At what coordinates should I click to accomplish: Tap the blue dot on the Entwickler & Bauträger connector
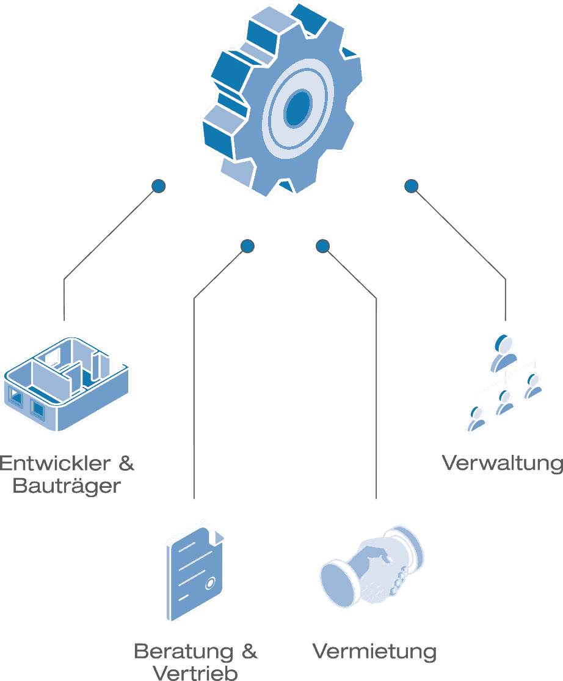[159, 185]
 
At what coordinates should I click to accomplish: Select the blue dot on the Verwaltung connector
[412, 185]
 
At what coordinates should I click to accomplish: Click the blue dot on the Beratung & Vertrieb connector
[247, 246]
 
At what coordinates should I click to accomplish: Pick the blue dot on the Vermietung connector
[323, 246]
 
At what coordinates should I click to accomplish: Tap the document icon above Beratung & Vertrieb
[194, 572]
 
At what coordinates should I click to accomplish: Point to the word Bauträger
[67, 487]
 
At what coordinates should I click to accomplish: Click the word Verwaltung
[502, 463]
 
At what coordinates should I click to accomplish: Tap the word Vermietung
[374, 651]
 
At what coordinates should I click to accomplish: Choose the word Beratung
[183, 651]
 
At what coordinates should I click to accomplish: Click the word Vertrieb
[195, 674]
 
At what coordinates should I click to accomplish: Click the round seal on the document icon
[211, 583]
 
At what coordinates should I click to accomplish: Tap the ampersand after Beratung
[249, 651]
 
